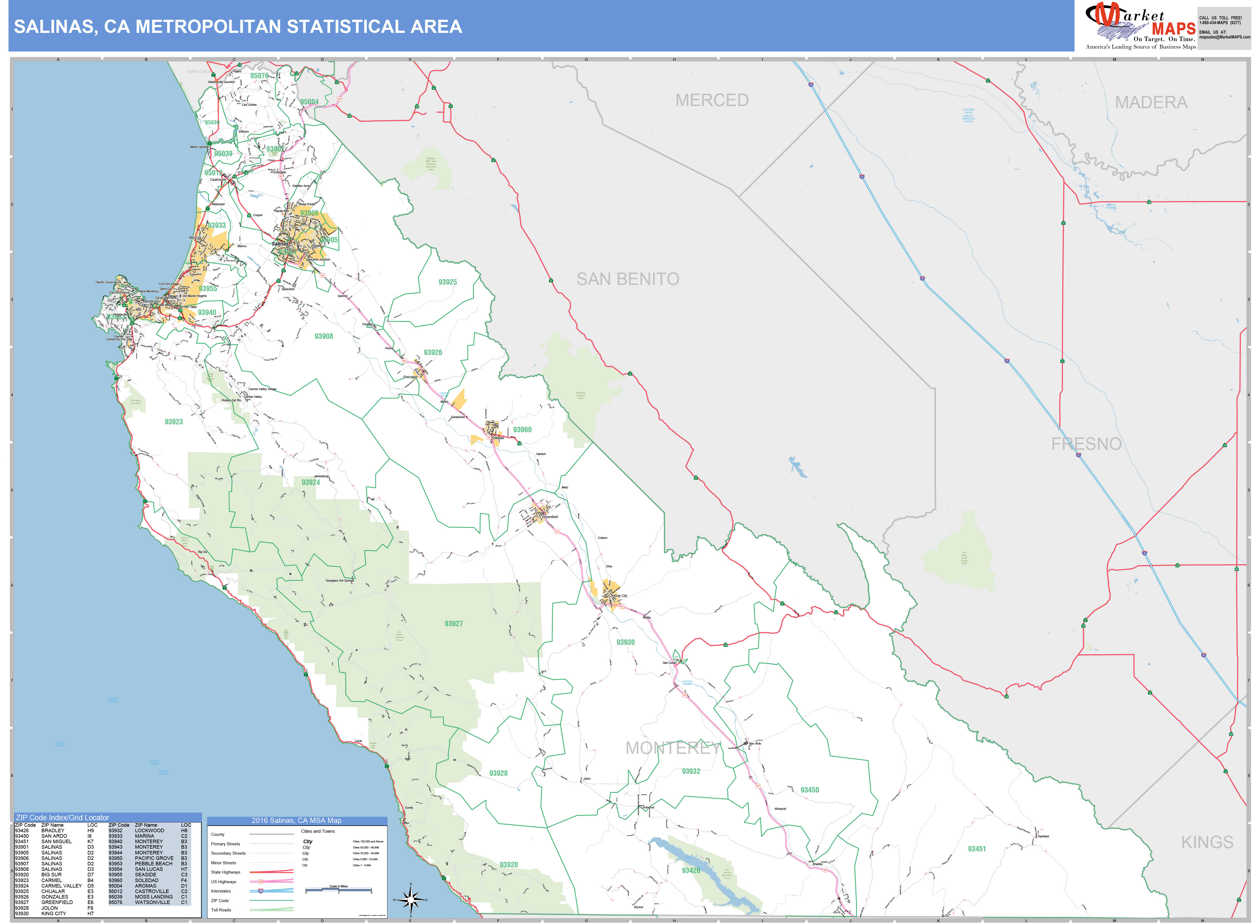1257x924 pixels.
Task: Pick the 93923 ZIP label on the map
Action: (x=174, y=422)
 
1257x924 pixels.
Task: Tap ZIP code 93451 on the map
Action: (x=977, y=848)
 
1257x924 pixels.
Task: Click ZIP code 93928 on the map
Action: (x=498, y=773)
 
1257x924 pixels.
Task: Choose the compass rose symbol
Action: (x=411, y=899)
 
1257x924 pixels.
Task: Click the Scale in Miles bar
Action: (x=338, y=890)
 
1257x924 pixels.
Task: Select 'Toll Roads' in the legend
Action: (x=221, y=909)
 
